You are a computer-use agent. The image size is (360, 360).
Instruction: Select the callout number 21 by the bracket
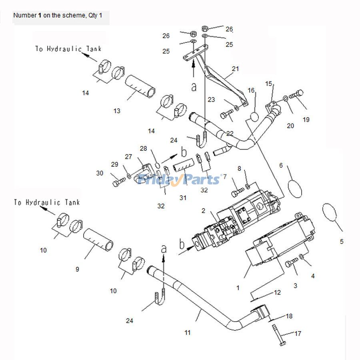(x=235, y=69)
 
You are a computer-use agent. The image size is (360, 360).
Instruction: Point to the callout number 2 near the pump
(x=203, y=210)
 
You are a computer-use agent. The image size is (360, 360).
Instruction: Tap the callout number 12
(x=277, y=292)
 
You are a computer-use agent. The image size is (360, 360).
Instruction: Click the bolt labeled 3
(x=291, y=263)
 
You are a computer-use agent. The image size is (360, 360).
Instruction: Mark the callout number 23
(x=211, y=99)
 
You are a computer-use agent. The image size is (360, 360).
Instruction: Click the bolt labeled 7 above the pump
(x=236, y=193)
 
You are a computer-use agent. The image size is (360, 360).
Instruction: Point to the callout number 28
(x=143, y=148)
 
